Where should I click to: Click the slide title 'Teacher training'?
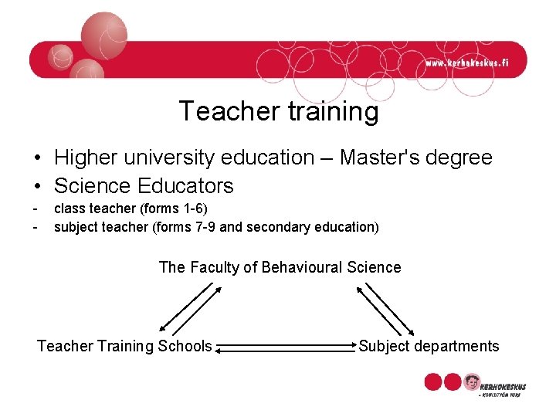click(x=279, y=112)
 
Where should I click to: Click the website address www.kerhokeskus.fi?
click(x=467, y=63)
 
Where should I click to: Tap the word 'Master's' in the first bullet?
click(x=393, y=158)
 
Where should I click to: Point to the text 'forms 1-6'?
click(x=180, y=208)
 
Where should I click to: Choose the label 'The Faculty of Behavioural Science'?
click(x=280, y=268)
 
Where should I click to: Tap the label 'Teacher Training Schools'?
click(x=124, y=346)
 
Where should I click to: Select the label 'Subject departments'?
click(x=429, y=346)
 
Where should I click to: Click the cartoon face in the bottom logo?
click(x=471, y=382)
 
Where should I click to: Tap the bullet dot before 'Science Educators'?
click(x=36, y=187)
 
